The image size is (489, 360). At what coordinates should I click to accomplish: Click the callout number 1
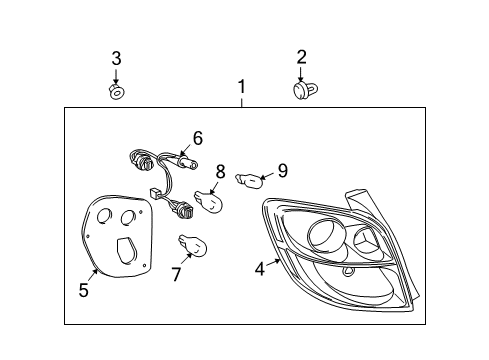(x=241, y=88)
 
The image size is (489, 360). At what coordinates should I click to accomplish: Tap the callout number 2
(x=301, y=57)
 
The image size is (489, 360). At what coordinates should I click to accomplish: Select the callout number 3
(x=116, y=59)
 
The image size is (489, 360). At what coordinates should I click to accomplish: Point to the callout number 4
(x=260, y=267)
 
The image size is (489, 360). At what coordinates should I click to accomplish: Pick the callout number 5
(x=84, y=291)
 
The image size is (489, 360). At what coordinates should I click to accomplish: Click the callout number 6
(x=198, y=138)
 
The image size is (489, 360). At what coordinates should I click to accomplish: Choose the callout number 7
(x=176, y=272)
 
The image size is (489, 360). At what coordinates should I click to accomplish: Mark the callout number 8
(x=220, y=171)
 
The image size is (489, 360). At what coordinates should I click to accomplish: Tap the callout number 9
(x=282, y=170)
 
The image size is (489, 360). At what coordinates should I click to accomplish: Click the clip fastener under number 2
(x=301, y=92)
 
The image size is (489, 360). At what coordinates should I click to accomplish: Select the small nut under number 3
(x=116, y=93)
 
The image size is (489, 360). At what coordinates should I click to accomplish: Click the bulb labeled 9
(x=249, y=181)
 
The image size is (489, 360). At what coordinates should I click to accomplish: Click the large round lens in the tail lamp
(x=327, y=235)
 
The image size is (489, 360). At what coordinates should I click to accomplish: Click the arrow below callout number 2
(x=301, y=74)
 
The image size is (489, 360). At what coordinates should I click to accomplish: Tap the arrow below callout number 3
(x=116, y=76)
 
